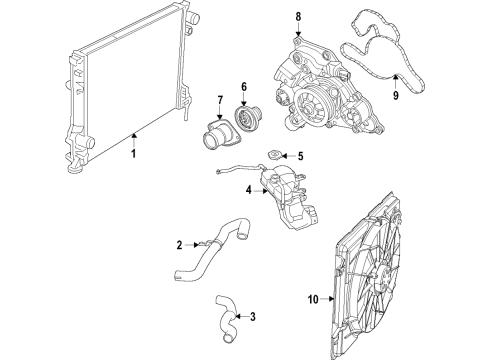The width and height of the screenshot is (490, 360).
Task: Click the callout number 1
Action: pos(132,154)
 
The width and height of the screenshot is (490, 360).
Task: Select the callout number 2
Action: pos(178,245)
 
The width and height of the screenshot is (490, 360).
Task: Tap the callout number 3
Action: pos(252,318)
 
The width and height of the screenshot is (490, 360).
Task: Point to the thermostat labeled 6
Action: pos(243,117)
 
